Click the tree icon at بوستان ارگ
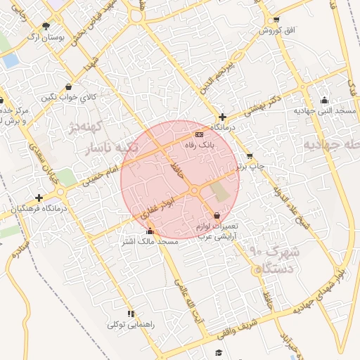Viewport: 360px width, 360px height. coord(46,26)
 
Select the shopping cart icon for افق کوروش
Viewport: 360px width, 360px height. coord(276,19)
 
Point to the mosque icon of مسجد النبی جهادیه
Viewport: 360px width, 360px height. coord(323,100)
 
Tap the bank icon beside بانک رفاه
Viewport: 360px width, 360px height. coord(199,134)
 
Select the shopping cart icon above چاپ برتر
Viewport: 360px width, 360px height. coord(250,156)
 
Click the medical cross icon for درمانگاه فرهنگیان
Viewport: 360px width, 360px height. coord(39,198)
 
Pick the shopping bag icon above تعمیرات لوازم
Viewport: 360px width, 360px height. coord(216,215)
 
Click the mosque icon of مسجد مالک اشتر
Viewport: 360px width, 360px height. coord(149,231)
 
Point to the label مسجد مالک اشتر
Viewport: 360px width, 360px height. coord(149,242)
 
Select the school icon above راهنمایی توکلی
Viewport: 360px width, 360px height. coord(130,314)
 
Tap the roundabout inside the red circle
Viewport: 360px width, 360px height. coord(194,191)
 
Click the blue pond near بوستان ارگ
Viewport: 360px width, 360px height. coord(11,60)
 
